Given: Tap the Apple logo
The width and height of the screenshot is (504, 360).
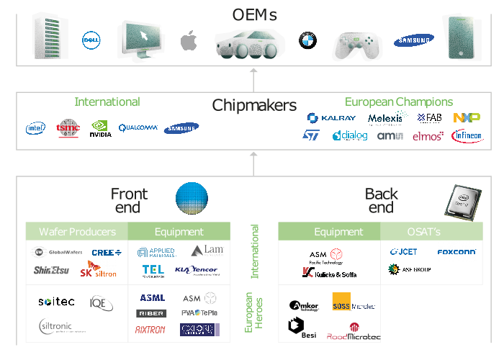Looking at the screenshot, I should coord(188,40).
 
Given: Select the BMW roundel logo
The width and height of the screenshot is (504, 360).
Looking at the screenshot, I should coord(308,40).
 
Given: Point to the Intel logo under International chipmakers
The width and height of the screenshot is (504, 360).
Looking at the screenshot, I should coord(35,129).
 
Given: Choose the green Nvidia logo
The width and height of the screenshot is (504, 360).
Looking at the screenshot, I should coord(100,128).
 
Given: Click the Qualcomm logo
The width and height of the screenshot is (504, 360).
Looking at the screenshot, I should coord(138,127).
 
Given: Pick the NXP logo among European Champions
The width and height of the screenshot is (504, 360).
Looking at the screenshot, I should coord(467,117).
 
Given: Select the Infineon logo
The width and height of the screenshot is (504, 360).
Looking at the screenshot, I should coord(467,135).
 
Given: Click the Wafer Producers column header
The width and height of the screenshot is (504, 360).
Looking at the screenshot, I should coord(76,232).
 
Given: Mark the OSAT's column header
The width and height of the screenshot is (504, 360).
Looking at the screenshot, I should coord(429,232).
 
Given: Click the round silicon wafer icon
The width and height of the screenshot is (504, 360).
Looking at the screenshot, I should coord(192,200).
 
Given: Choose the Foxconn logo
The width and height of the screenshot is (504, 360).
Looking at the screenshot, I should coord(456,253).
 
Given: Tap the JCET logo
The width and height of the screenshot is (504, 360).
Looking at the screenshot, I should coord(405,253).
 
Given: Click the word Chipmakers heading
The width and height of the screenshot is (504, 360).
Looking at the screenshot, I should coord(253,106).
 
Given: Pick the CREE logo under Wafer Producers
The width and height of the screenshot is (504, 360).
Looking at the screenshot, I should coord(107,253).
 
